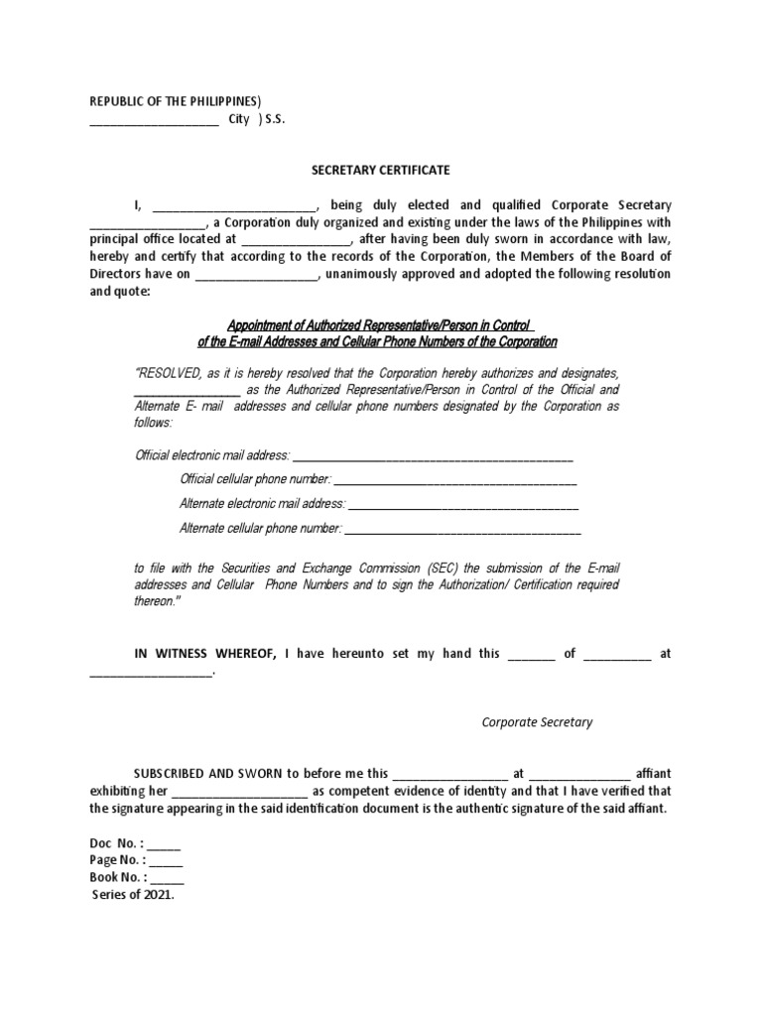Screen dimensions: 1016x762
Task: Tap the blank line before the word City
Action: coord(154,121)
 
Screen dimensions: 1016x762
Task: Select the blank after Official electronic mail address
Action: coord(434,456)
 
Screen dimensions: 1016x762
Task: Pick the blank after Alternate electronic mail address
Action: coord(462,505)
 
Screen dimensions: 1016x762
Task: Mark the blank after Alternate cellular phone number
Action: coord(462,530)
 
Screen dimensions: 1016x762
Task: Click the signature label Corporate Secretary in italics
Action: coord(537,722)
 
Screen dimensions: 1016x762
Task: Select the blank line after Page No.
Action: coord(166,861)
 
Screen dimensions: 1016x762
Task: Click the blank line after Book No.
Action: coord(168,878)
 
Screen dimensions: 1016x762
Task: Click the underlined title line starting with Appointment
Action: coord(381,325)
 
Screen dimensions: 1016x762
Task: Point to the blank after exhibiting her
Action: coord(240,792)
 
